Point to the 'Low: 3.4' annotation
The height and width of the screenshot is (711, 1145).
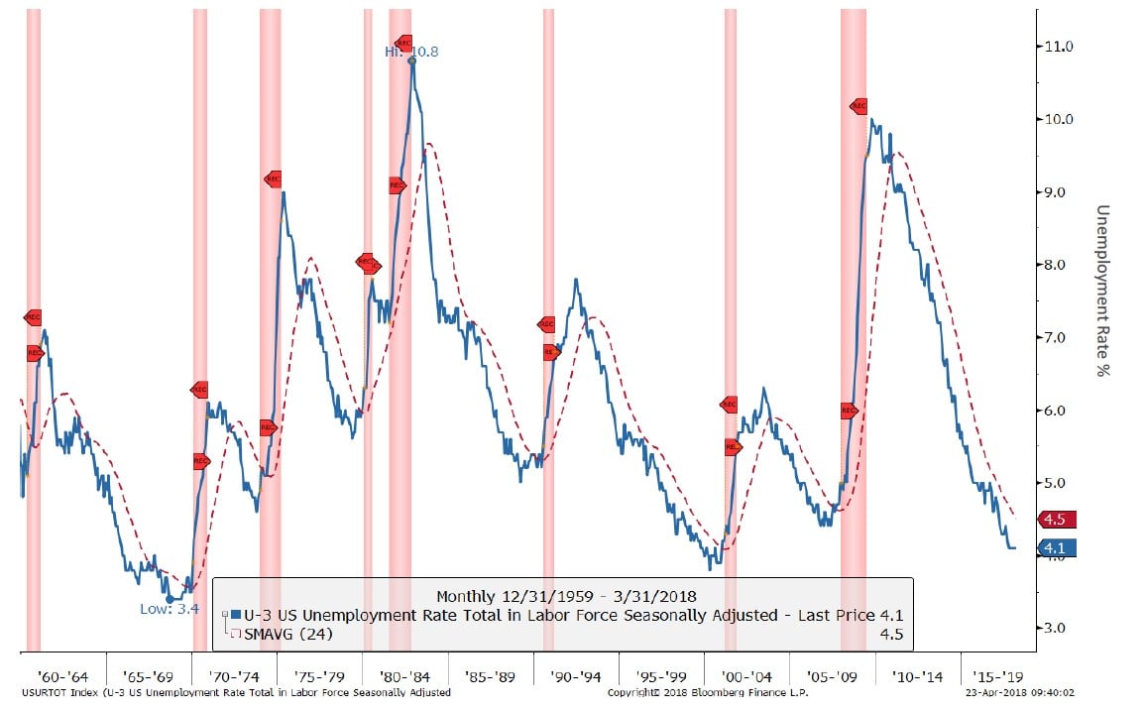[x=169, y=609]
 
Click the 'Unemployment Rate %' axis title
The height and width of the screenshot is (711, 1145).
[x=1101, y=291]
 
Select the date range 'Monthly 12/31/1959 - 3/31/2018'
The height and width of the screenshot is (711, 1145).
[x=567, y=596]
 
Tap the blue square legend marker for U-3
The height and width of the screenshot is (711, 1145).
[x=235, y=616]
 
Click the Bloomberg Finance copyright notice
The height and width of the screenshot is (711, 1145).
[x=708, y=692]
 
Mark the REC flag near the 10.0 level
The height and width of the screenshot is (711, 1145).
[x=859, y=106]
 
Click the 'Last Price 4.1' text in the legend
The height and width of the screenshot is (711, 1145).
[x=844, y=616]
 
